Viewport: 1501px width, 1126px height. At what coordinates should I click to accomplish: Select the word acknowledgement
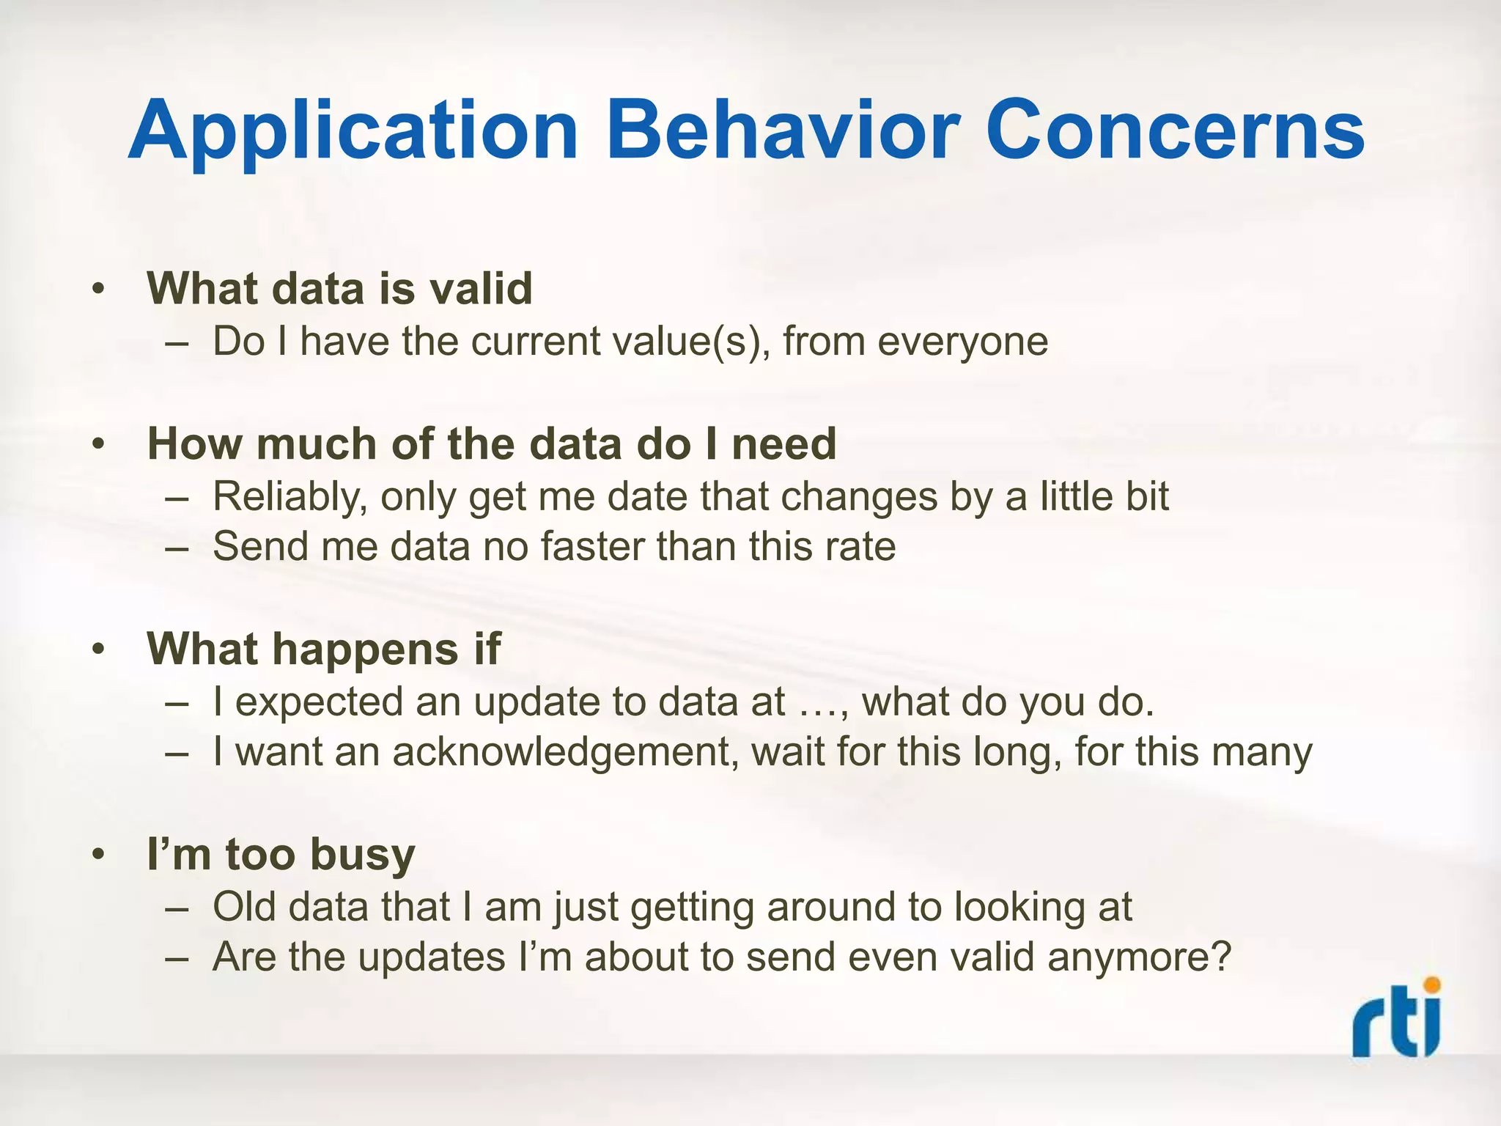(565, 752)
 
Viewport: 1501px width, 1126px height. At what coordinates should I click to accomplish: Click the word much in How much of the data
(316, 444)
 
